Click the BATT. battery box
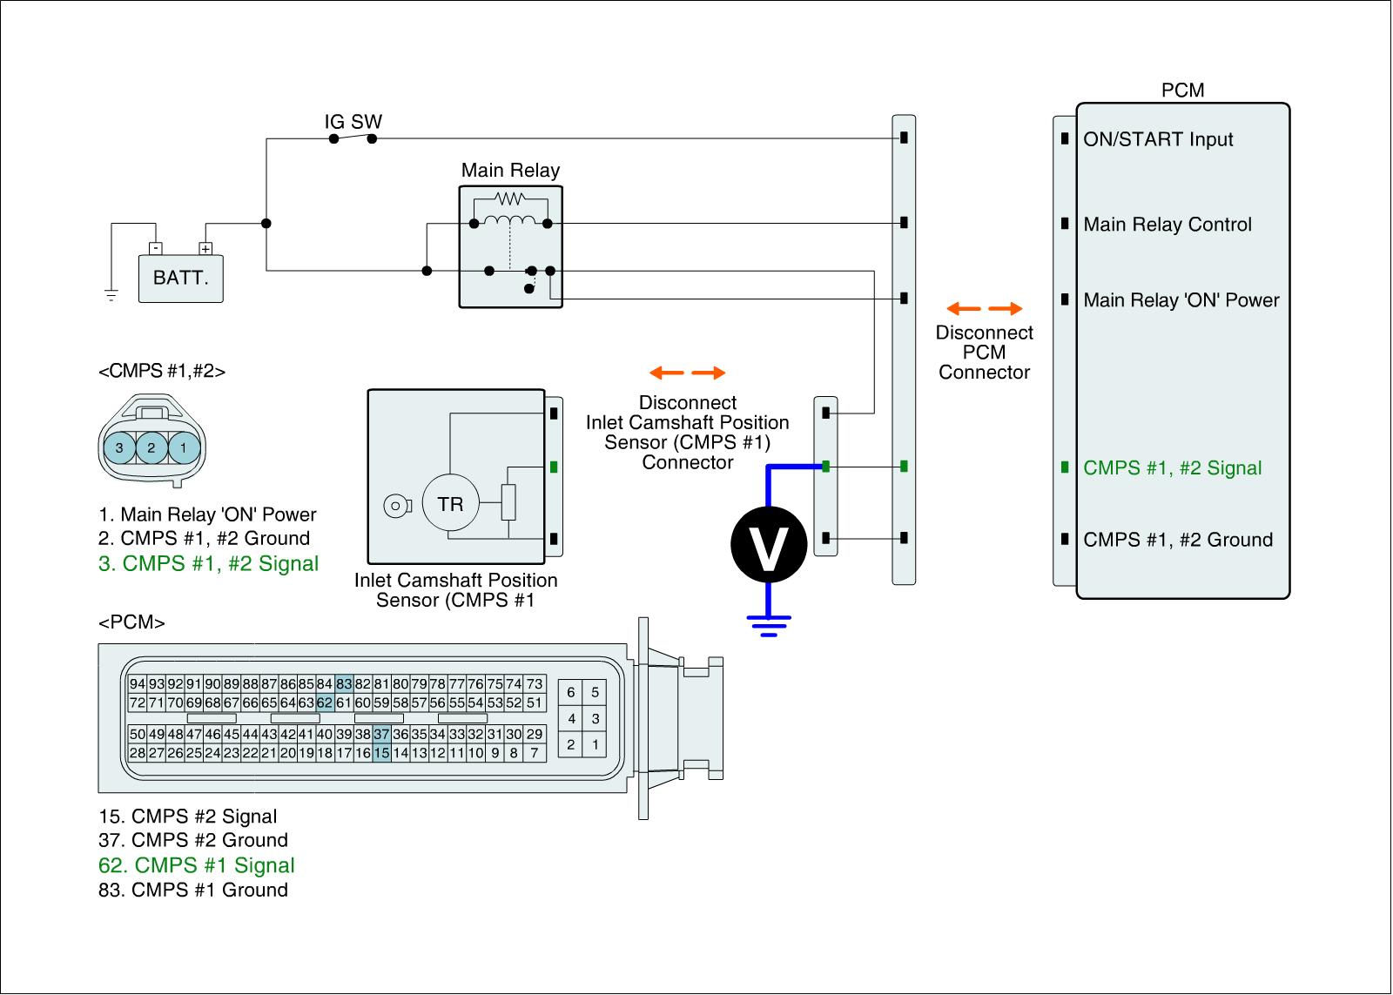point(181,279)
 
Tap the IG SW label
point(353,122)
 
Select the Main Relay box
point(510,246)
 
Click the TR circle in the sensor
point(450,504)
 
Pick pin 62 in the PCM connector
point(325,703)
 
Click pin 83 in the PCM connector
point(344,684)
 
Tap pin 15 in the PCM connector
point(381,753)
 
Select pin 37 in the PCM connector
point(381,735)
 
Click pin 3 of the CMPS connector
point(119,448)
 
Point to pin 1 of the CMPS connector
point(183,448)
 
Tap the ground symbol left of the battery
point(111,294)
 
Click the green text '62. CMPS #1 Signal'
point(197,865)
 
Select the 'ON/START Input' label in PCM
point(1158,139)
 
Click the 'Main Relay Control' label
point(1168,225)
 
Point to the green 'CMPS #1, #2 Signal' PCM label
point(1172,468)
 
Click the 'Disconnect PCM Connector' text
point(984,353)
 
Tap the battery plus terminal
point(205,248)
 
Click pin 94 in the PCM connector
point(138,684)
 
